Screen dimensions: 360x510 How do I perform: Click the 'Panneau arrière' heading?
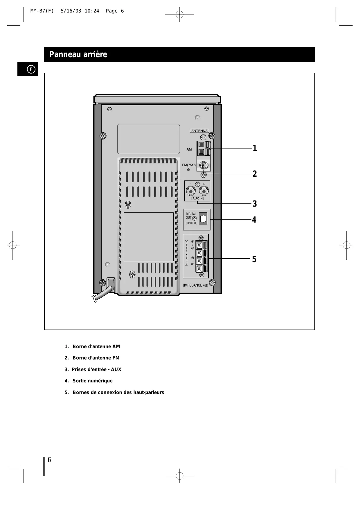pos(78,55)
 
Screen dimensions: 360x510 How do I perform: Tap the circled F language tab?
pos(31,69)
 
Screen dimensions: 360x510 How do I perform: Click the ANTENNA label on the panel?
pos(199,131)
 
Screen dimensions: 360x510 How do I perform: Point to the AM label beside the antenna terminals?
pos(189,149)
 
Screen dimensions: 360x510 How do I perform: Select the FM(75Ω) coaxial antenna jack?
pos(204,165)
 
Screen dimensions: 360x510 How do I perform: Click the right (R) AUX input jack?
pos(191,192)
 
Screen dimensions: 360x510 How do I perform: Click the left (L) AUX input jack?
pos(204,192)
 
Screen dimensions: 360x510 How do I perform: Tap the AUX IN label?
pos(197,198)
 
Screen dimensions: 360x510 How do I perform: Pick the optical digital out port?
pos(203,219)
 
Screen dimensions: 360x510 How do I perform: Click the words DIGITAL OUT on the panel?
pos(191,216)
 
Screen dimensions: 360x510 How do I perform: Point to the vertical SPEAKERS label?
pos(186,253)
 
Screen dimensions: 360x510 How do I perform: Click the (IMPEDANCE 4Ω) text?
pos(195,285)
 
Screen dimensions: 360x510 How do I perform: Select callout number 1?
pos(255,148)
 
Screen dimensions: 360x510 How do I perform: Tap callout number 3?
pos(255,204)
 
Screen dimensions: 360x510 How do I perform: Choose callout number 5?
pos(254,259)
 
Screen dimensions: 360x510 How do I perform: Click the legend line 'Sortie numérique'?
pos(92,381)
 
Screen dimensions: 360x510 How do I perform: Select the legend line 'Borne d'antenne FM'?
pos(96,358)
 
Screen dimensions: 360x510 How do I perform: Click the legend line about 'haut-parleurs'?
pos(118,393)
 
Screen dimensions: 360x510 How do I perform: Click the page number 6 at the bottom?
pos(49,460)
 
